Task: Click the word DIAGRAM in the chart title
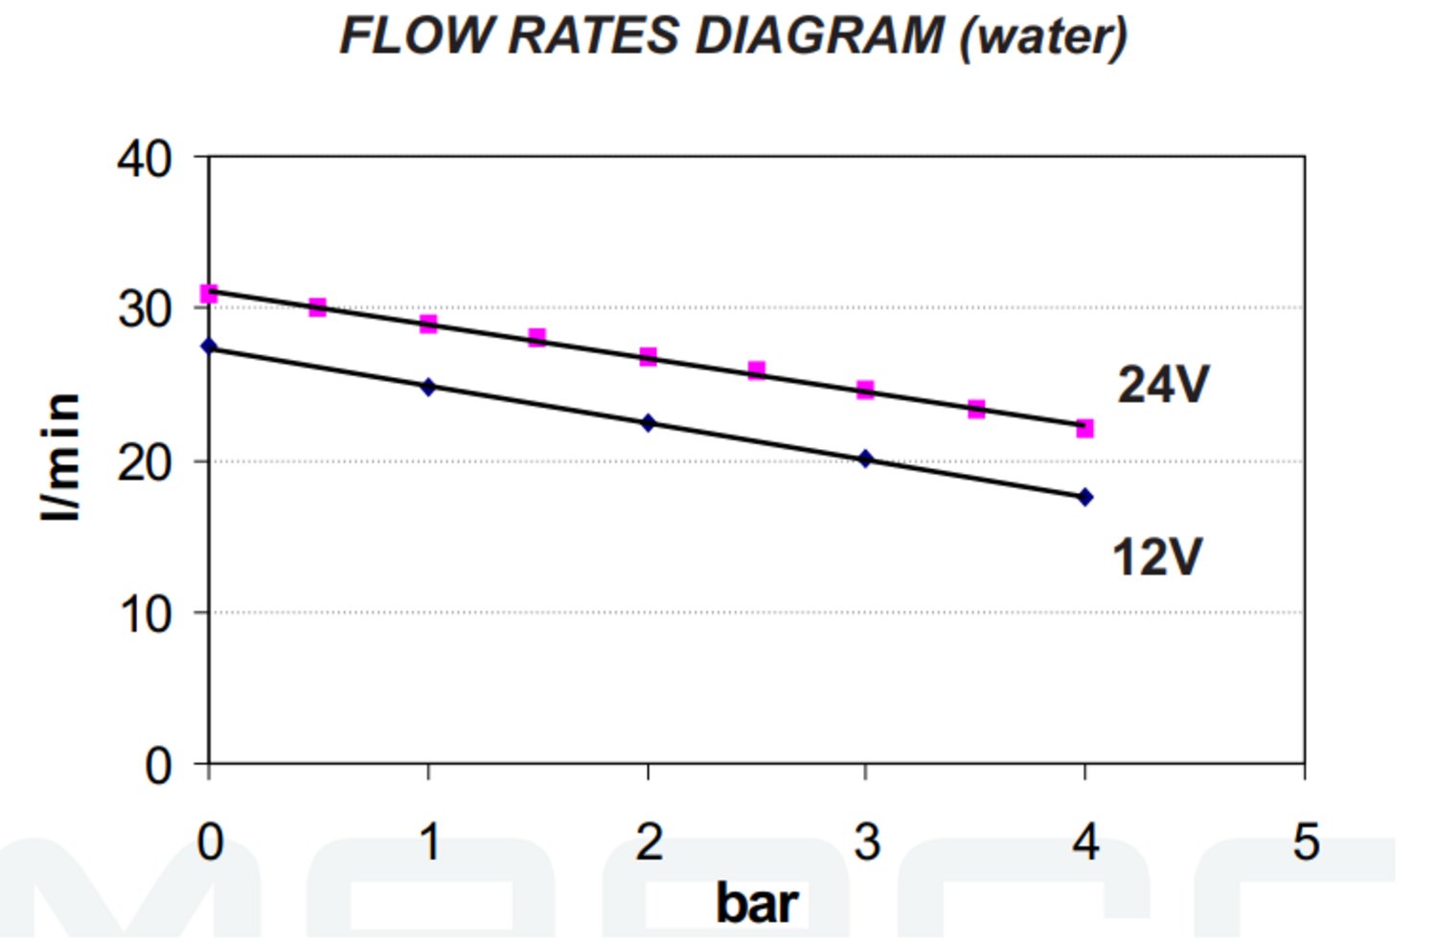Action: coord(819,36)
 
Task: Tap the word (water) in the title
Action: coord(1043,38)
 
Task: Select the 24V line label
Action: coord(1163,385)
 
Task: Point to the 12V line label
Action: coord(1156,556)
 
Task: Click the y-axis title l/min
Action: coord(59,457)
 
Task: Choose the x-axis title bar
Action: coord(756,903)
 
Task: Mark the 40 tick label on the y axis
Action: coord(145,158)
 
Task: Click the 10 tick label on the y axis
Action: coord(145,614)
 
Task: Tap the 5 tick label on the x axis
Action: coord(1306,842)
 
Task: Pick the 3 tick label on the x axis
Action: coord(867,842)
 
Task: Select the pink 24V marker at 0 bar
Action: coord(209,293)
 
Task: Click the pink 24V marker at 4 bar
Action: coord(1084,428)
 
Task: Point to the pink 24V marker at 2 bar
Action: coord(649,357)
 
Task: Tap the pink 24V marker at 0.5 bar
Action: coord(318,307)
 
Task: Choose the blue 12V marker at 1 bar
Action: coord(428,387)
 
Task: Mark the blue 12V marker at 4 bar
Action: coord(1084,497)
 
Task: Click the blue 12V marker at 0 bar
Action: coord(209,346)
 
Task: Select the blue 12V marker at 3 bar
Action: coord(866,459)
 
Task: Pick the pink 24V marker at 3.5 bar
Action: coord(976,410)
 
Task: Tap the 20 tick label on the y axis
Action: coord(145,463)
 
